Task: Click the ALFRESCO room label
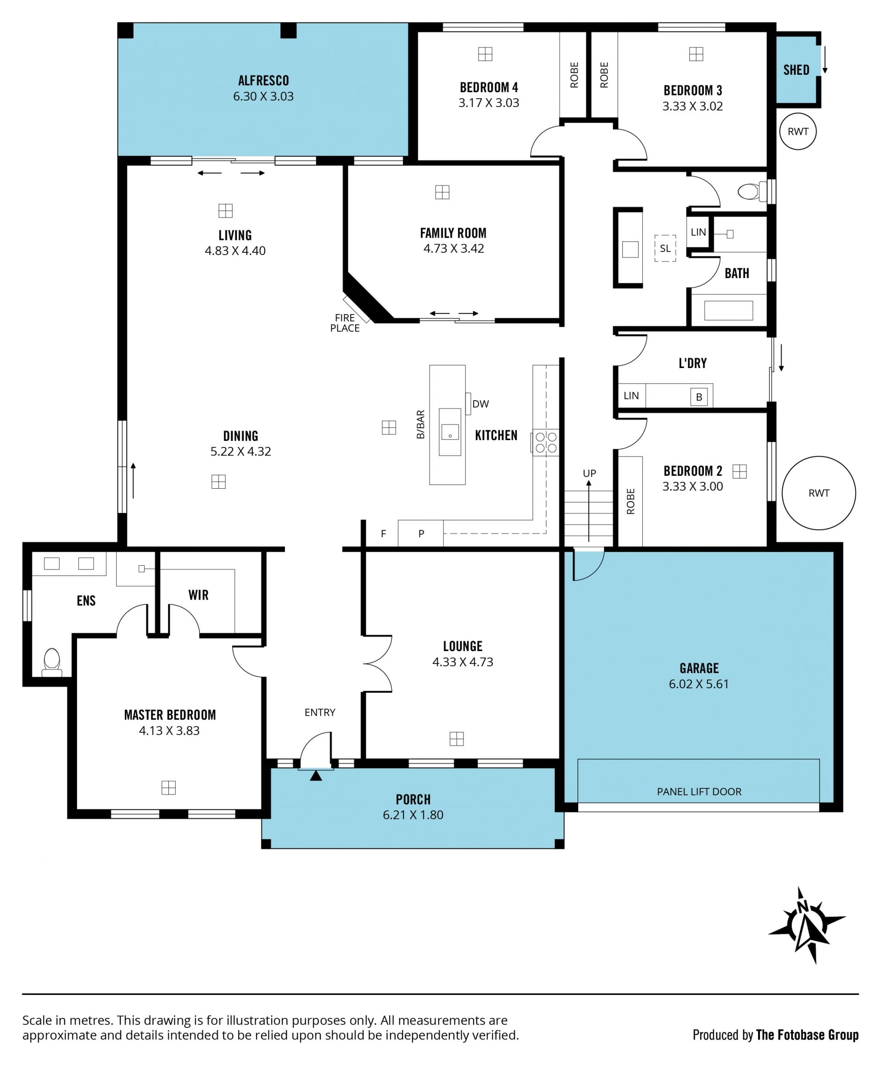(x=263, y=81)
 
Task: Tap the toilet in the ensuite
(x=52, y=662)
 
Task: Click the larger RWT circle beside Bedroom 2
(x=819, y=493)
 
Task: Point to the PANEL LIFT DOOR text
(x=699, y=792)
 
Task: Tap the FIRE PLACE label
(x=345, y=323)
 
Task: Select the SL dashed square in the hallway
(x=665, y=248)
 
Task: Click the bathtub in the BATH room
(x=728, y=310)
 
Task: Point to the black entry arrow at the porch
(x=316, y=775)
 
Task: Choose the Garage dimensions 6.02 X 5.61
(x=698, y=684)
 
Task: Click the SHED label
(x=796, y=70)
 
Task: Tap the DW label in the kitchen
(x=480, y=404)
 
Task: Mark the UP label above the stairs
(x=589, y=473)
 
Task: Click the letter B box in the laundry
(x=699, y=396)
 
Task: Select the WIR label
(x=198, y=595)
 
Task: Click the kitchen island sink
(x=450, y=432)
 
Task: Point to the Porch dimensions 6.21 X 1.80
(x=413, y=815)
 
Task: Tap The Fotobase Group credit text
(x=807, y=1035)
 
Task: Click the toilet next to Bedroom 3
(x=749, y=192)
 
